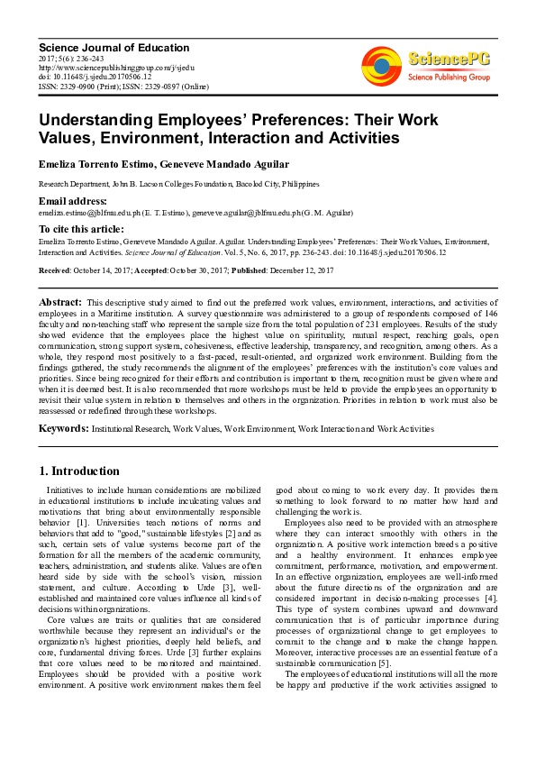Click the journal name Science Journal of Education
click(114, 48)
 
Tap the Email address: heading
click(72, 200)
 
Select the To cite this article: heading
click(82, 230)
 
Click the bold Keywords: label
click(63, 429)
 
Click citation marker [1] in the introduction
click(83, 522)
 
